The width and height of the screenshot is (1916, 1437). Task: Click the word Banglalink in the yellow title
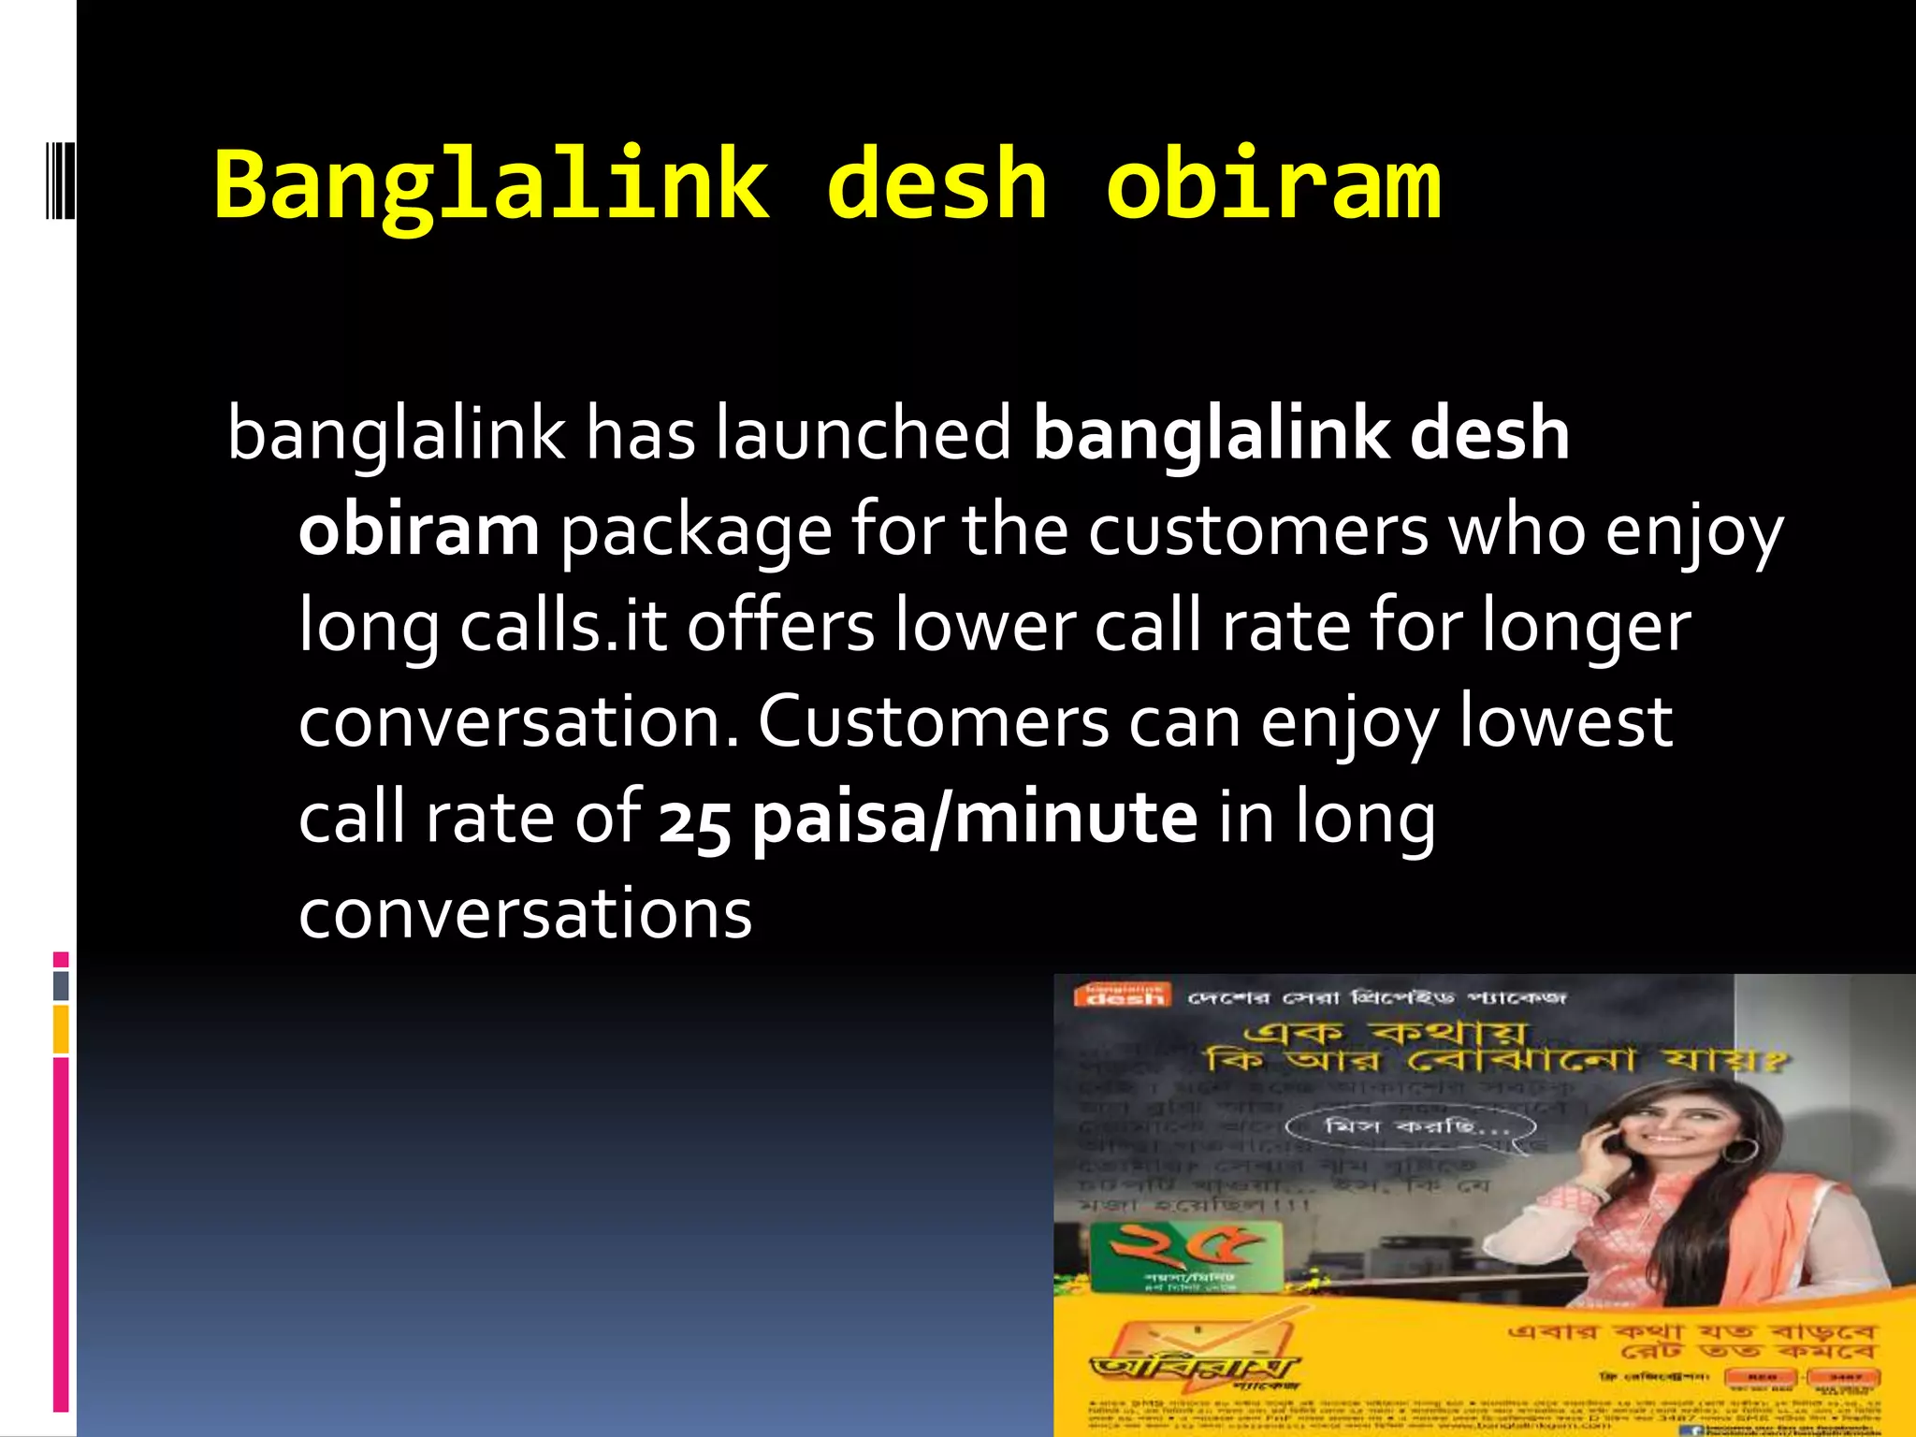(491, 185)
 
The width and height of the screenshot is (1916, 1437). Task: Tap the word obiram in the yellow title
(1272, 185)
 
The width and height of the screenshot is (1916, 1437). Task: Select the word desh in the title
(936, 185)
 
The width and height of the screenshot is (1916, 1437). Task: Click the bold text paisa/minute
(974, 818)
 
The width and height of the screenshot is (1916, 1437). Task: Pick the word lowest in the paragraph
(1565, 722)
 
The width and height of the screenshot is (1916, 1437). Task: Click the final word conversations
(525, 914)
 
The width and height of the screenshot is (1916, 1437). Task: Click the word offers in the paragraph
(781, 626)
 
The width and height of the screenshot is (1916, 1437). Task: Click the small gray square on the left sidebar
(61, 986)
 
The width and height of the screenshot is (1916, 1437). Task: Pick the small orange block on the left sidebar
(61, 1029)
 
